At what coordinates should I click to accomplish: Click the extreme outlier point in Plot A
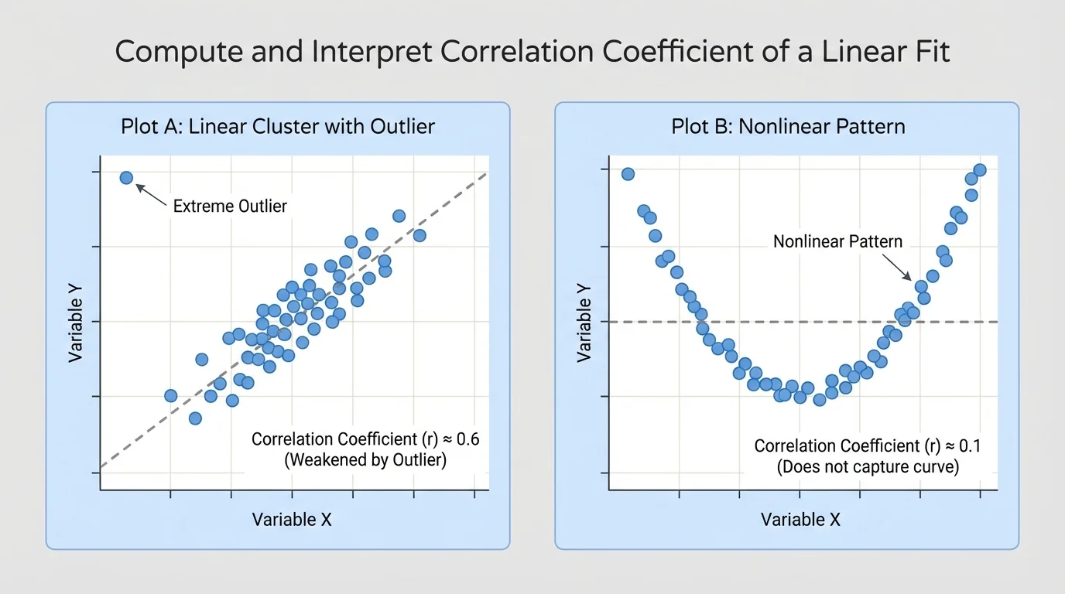click(x=127, y=178)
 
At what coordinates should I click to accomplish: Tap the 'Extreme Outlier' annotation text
click(x=230, y=206)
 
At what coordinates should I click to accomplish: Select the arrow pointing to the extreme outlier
click(x=152, y=195)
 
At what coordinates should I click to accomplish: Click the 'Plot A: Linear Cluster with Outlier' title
click(x=278, y=126)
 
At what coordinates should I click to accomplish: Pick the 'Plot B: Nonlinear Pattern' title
click(x=787, y=126)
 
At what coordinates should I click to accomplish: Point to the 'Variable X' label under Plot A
click(x=292, y=520)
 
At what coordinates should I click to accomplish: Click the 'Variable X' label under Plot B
click(x=800, y=520)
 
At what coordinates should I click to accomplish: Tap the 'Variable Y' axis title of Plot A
click(x=76, y=321)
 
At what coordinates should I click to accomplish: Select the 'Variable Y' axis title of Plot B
click(x=584, y=321)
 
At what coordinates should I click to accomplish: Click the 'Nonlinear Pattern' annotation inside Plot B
click(x=837, y=241)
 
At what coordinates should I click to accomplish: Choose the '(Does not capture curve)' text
click(x=868, y=467)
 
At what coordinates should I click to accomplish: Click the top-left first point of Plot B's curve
click(x=628, y=174)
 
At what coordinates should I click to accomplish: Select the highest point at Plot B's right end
click(x=979, y=169)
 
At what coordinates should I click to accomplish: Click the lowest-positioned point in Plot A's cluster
click(x=195, y=418)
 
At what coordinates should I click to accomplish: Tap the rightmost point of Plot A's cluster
click(x=419, y=235)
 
